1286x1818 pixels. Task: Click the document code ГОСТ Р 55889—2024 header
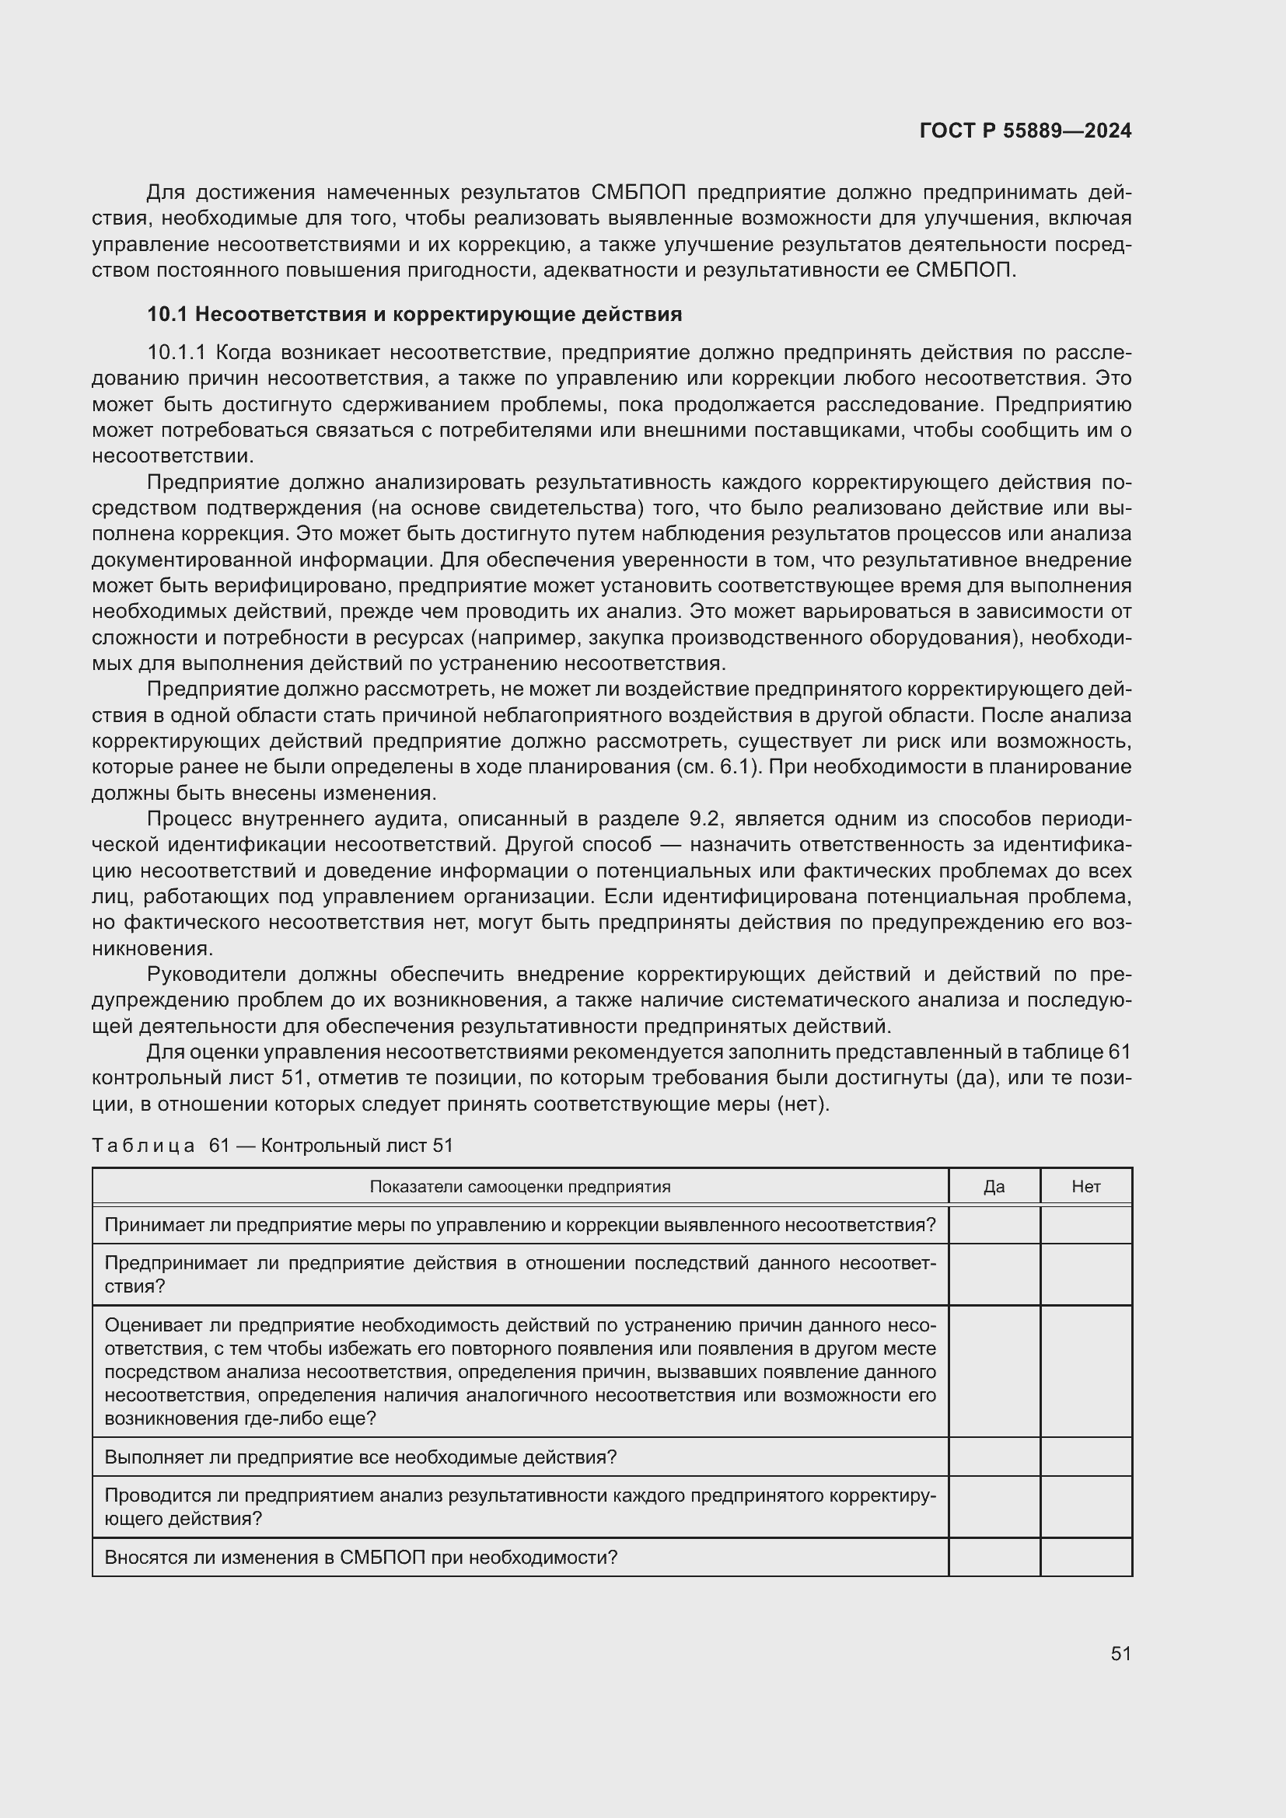1025,131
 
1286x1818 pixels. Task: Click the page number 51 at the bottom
1120,1653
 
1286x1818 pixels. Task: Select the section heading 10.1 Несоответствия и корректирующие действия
414,314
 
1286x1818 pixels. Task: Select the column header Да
994,1186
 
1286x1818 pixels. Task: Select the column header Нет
1085,1186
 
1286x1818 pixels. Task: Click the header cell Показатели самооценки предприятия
519,1186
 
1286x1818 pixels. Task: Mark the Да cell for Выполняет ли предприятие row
994,1457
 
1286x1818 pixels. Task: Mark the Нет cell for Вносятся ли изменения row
1085,1558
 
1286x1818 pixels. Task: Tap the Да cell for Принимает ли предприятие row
994,1225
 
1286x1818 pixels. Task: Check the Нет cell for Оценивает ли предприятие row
1085,1371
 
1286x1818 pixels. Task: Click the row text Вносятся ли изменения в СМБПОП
360,1558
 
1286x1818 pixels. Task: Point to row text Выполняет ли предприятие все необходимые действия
360,1457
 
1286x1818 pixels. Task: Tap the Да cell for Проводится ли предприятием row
994,1507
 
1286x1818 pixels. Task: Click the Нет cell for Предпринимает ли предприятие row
1085,1274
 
